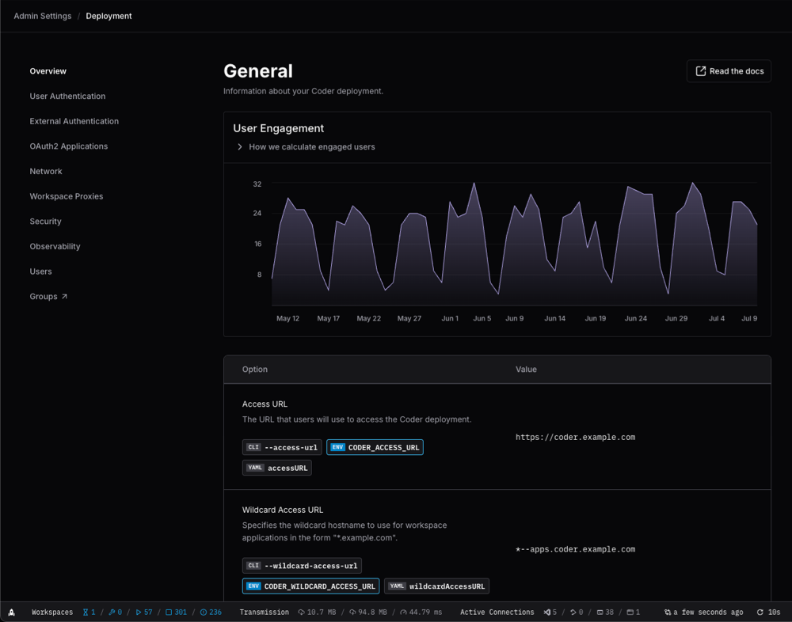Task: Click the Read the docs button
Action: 729,71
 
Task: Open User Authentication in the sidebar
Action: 67,97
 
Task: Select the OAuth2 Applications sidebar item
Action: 69,146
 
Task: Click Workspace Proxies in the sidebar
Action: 67,196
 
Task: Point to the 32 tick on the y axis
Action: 257,184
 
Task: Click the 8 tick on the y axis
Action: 259,275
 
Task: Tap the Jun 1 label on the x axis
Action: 450,319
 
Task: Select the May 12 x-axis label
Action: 287,319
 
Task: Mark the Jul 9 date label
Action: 749,319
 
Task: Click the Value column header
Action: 526,370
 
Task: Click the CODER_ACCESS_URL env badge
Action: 375,447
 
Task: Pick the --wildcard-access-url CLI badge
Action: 302,566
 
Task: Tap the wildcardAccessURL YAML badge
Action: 436,586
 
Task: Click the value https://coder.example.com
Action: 575,437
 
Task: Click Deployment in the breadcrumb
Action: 109,16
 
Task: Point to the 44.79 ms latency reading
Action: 421,613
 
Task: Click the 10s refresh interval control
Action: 768,613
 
